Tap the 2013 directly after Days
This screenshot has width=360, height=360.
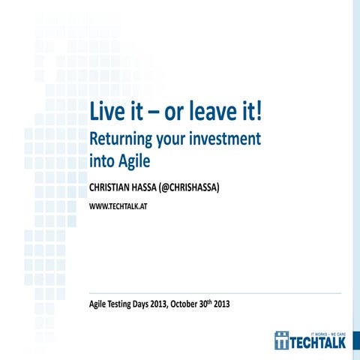click(x=177, y=304)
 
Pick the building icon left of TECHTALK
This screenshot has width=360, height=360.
click(x=282, y=339)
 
